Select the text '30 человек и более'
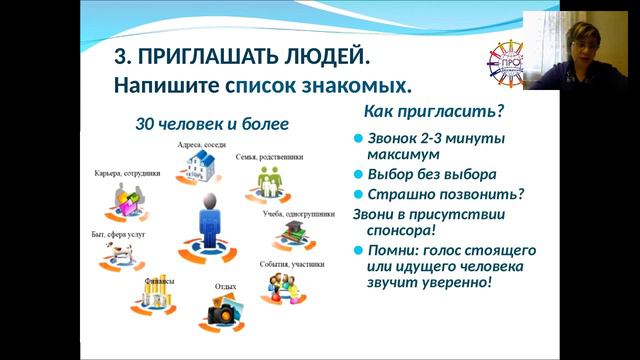(x=212, y=124)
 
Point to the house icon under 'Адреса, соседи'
(x=197, y=167)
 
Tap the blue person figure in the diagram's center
(x=209, y=221)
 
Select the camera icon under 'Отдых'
(x=221, y=312)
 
